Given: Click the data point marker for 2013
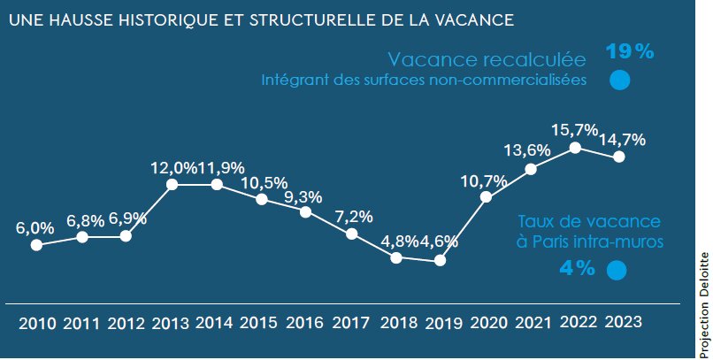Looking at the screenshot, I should point(172,184).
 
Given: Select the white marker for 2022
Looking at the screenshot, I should point(575,148).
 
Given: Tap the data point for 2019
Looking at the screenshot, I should point(441,261).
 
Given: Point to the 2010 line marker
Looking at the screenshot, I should point(36,245).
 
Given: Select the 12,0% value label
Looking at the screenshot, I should point(172,168).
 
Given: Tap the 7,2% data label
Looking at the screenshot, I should point(352,216).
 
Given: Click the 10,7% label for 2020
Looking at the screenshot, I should point(484,181).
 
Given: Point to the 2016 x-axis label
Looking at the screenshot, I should point(305,324).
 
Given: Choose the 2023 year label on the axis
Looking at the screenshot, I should point(622,323).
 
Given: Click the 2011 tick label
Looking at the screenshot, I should point(81,324).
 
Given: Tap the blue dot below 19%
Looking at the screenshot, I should point(619,80).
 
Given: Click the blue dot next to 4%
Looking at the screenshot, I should point(617,271).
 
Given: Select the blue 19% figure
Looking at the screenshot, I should point(629,51).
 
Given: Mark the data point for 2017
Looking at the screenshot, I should point(351,234).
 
